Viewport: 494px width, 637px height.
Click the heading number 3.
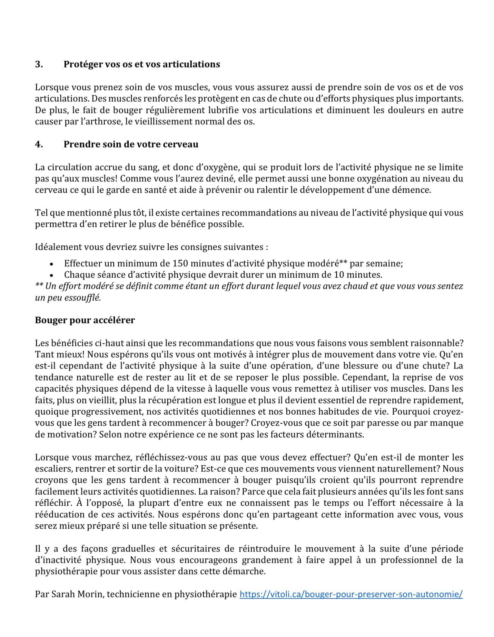pos(39,64)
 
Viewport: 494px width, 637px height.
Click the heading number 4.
pos(39,144)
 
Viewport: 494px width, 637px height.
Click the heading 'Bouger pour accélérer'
pos(85,320)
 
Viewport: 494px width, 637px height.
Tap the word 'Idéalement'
pos(58,247)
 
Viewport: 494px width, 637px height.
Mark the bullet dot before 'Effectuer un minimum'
pos(51,264)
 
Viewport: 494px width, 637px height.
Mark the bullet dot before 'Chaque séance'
pos(51,275)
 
